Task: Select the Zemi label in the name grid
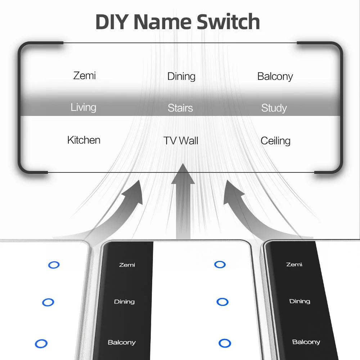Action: (85, 76)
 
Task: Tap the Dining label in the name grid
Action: (181, 76)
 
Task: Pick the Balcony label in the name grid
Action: (275, 76)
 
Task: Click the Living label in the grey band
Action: (84, 107)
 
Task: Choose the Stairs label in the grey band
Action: (180, 108)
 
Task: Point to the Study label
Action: (274, 108)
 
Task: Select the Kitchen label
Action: (84, 140)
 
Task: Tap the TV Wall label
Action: (181, 141)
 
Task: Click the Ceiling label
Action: (275, 141)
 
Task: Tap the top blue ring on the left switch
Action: (54, 265)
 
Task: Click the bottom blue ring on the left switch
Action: (41, 343)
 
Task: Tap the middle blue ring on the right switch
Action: (222, 302)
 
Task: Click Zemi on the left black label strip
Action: (127, 265)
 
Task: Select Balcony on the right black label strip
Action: (306, 342)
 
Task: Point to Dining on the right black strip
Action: (300, 301)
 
